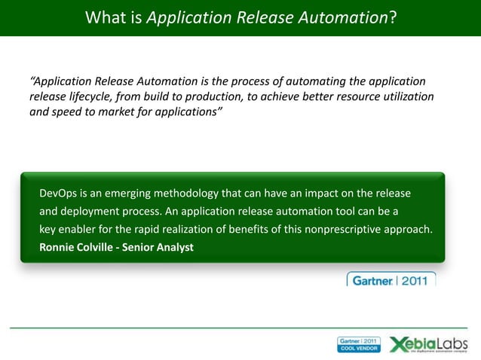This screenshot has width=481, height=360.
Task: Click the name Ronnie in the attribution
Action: point(58,246)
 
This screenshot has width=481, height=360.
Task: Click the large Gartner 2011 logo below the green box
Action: point(391,280)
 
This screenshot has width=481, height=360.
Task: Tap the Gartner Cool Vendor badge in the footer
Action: point(359,345)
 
